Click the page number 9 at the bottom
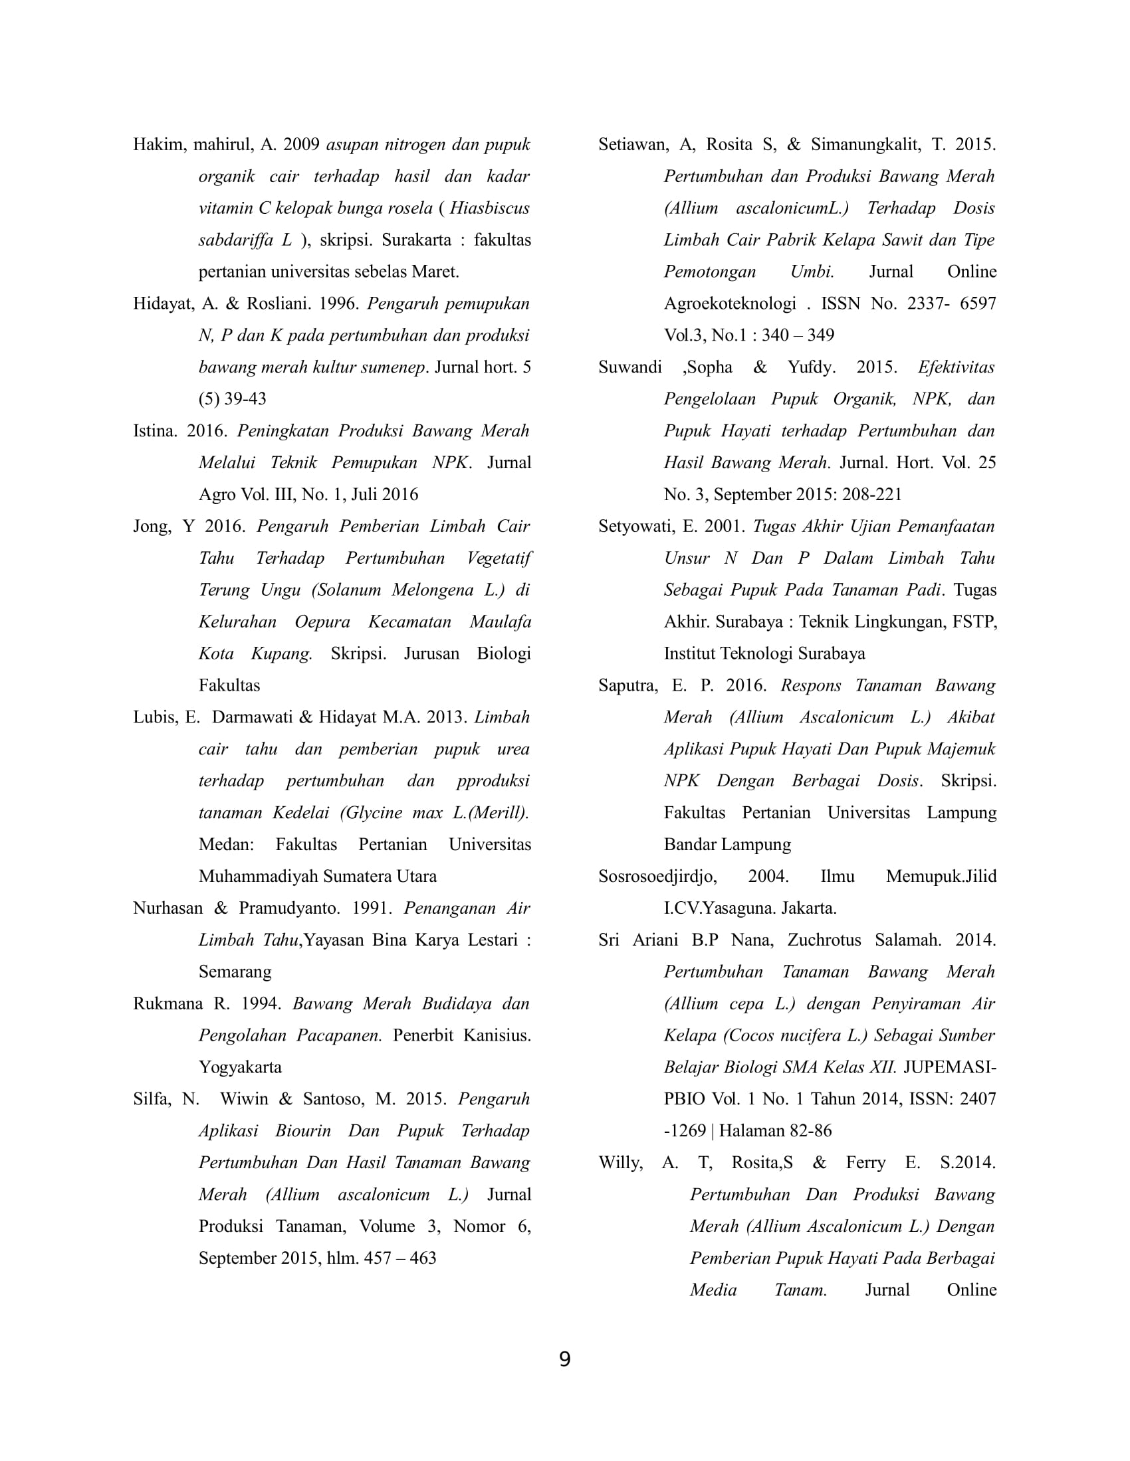[564, 1360]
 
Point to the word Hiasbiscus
[489, 209]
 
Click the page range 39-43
[245, 399]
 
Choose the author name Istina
[154, 432]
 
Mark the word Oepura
[322, 622]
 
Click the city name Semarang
[235, 972]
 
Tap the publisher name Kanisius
[497, 1035]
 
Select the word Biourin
[302, 1131]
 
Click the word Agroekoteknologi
[730, 304]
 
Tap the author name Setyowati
[636, 527]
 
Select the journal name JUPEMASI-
[949, 1068]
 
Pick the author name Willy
[620, 1163]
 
